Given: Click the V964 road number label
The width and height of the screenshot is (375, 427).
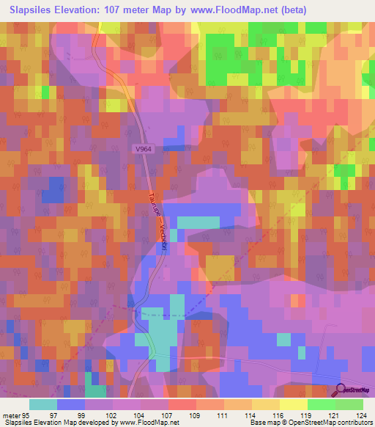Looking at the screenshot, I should (144, 149).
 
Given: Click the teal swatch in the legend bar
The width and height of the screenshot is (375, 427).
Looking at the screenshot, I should (42, 404).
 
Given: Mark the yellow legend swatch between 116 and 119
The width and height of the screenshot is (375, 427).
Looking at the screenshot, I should (293, 404).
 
